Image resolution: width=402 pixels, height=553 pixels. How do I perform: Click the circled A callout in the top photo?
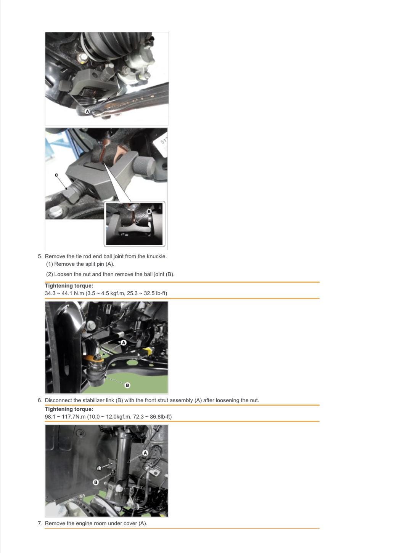(87, 111)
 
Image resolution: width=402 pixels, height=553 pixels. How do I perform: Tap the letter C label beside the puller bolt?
(56, 175)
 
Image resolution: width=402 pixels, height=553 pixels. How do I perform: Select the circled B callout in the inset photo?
(149, 211)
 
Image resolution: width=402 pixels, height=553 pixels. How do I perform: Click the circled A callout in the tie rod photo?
(124, 342)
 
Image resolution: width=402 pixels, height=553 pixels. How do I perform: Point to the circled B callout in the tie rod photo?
(127, 385)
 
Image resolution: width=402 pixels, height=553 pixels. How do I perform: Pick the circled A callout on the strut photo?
(145, 453)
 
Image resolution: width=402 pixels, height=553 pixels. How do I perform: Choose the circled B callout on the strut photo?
(96, 482)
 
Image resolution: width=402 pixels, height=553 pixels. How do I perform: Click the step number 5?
(40, 256)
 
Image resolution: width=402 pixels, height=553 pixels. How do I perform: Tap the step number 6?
(40, 400)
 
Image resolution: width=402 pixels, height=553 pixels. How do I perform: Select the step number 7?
(40, 523)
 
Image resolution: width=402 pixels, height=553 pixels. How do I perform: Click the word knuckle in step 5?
(157, 256)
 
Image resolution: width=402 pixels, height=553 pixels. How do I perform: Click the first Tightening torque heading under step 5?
(69, 286)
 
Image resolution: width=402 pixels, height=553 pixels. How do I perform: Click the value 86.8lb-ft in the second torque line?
(161, 417)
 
